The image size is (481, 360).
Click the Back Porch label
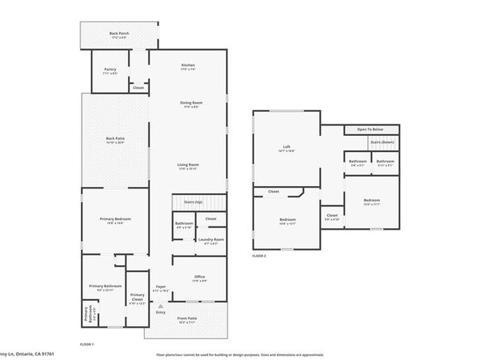point(118,33)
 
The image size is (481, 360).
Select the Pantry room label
point(110,70)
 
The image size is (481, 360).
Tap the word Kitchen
point(188,65)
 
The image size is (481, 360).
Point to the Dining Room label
point(190,103)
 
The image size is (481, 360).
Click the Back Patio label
point(115,138)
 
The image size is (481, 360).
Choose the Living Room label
point(189,165)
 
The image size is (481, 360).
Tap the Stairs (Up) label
point(193,201)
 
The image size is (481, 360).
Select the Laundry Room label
point(212,239)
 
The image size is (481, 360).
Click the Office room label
point(199,277)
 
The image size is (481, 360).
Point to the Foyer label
point(160,286)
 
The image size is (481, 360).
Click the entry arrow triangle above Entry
point(162,306)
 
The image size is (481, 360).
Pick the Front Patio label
point(187,319)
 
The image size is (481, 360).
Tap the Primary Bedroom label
point(115,219)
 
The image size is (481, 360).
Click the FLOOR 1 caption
point(87,345)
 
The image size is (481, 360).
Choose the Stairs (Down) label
point(381,142)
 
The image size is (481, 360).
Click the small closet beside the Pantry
point(138,87)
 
